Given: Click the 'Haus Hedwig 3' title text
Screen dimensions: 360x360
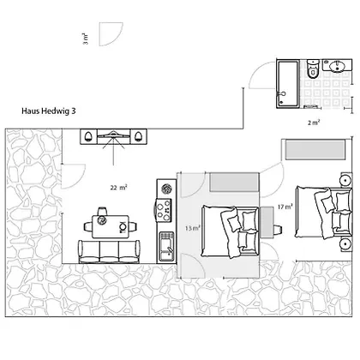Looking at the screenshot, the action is (x=49, y=111).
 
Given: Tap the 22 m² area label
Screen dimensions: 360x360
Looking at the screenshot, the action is (x=118, y=188).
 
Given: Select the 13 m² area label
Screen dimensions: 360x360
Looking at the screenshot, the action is (x=193, y=228).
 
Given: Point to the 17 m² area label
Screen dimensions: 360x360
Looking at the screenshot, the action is (x=285, y=207).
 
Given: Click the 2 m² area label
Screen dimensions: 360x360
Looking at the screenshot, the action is (x=314, y=123).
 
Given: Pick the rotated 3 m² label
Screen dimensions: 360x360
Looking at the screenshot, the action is (x=86, y=39).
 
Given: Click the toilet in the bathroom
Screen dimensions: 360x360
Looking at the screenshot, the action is (x=313, y=69).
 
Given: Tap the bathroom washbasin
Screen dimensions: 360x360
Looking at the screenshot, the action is (x=337, y=66).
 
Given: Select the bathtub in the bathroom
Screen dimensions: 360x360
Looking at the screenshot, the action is (x=288, y=84).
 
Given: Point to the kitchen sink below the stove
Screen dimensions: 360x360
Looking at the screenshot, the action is (x=166, y=247).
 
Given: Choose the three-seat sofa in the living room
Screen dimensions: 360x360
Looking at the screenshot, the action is (x=110, y=252).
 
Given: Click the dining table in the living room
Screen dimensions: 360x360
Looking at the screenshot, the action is (x=111, y=226).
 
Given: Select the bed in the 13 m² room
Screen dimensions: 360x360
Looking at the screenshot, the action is (x=231, y=231).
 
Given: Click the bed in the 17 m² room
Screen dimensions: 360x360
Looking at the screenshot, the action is (x=323, y=212).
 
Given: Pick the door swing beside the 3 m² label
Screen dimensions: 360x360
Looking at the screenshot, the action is (x=111, y=34).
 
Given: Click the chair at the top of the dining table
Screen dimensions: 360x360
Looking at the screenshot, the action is (x=102, y=211).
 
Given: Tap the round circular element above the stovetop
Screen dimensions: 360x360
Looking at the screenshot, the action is (x=166, y=189).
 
